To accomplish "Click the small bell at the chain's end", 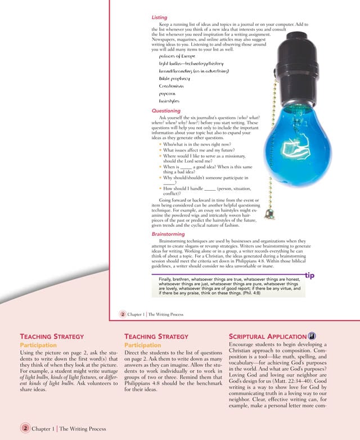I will [x=271, y=215].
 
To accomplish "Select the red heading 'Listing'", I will [x=159, y=18].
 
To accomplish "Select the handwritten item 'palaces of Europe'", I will [x=177, y=56].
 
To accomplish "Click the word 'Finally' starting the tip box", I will [x=167, y=280].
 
